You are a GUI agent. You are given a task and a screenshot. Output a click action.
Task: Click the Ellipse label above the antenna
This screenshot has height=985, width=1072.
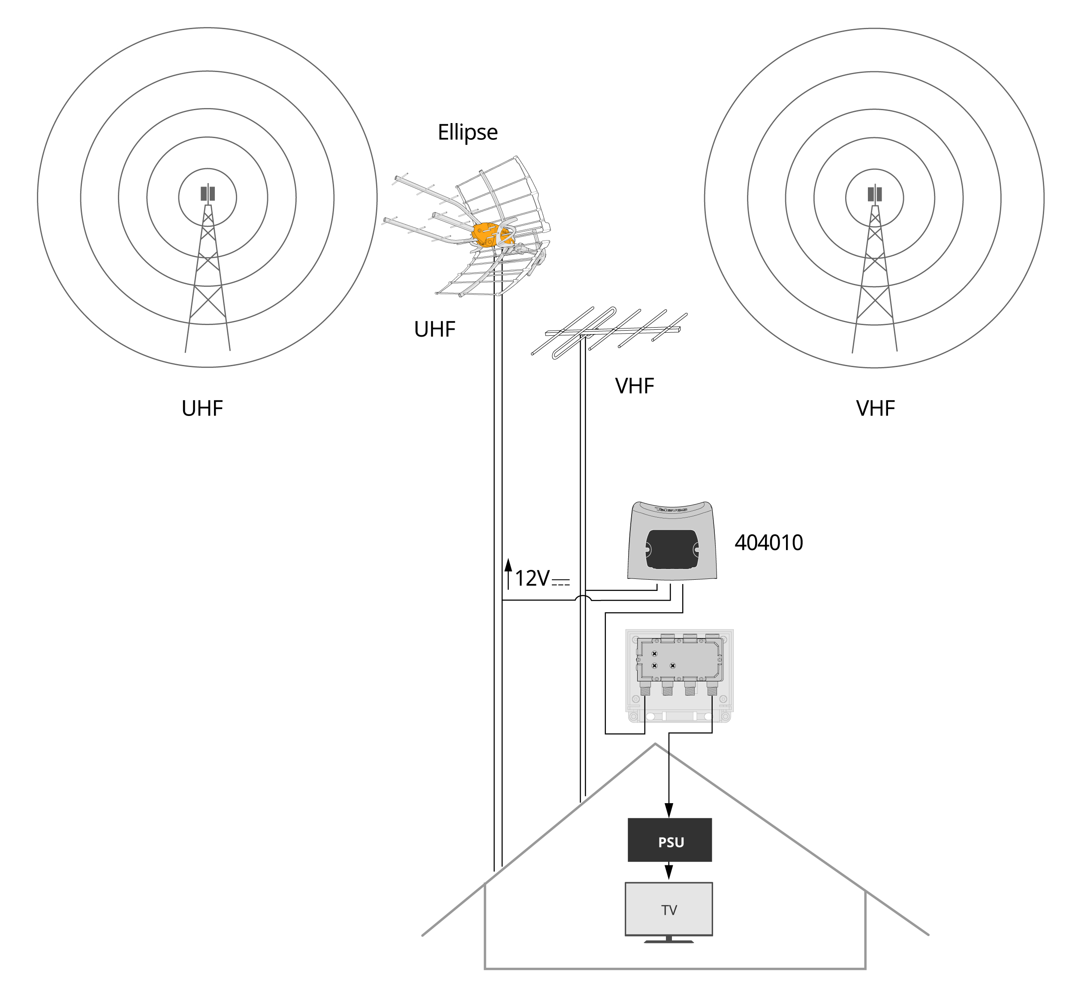click(x=467, y=132)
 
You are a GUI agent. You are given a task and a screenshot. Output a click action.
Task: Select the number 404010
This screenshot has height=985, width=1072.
click(x=768, y=542)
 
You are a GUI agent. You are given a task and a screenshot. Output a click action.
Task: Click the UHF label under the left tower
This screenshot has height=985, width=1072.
click(x=202, y=409)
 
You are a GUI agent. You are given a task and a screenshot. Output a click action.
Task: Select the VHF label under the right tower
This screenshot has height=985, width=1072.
click(x=875, y=409)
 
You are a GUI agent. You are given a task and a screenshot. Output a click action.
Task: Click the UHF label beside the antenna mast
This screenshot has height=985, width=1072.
click(x=435, y=329)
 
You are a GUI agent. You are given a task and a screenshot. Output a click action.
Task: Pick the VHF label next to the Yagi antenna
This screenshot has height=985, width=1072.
click(x=634, y=386)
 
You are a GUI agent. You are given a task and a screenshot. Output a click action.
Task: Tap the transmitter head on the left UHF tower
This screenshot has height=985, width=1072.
click(x=208, y=193)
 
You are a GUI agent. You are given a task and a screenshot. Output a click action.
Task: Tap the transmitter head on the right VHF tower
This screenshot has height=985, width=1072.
click(x=874, y=194)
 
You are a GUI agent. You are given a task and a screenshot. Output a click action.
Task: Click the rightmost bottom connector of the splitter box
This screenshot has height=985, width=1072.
click(x=712, y=691)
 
